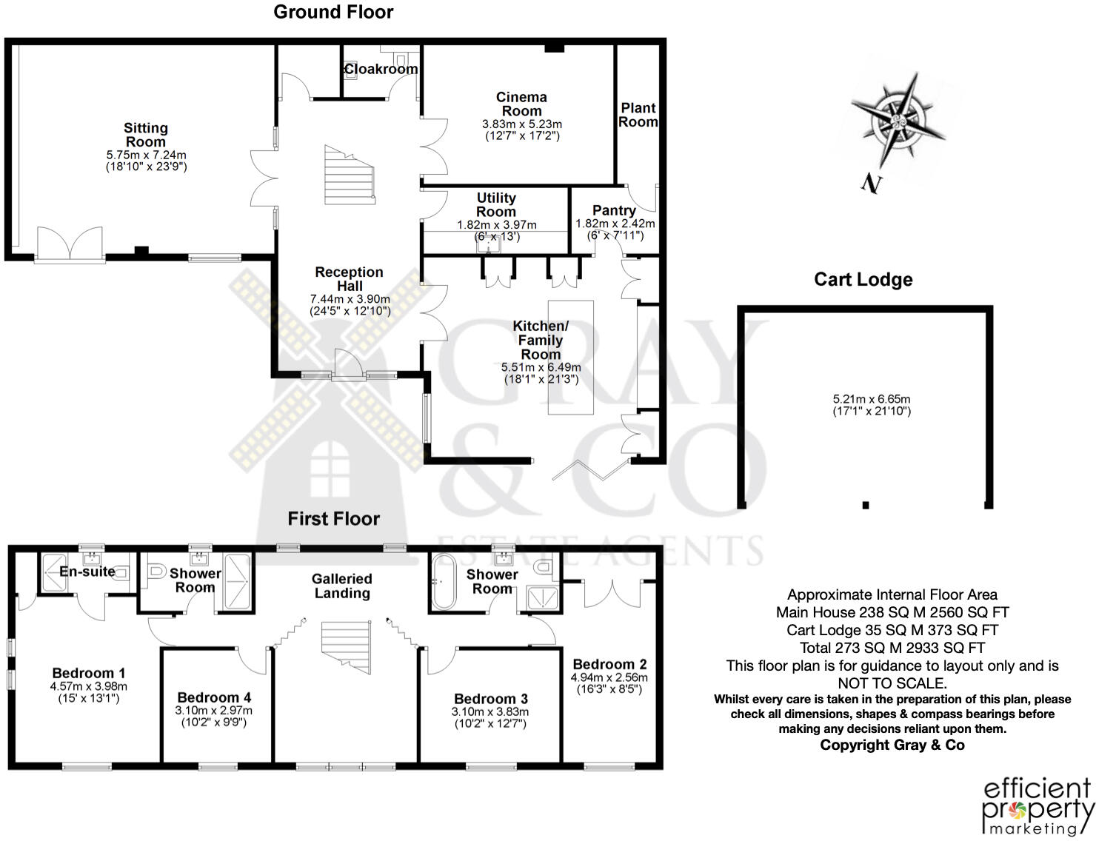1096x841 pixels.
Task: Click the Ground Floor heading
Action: [333, 12]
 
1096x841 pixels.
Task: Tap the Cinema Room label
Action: [521, 104]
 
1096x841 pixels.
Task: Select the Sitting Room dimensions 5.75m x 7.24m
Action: [146, 161]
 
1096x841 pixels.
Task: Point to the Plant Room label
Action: [638, 115]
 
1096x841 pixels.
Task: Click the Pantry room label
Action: [614, 210]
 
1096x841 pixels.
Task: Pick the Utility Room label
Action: [496, 204]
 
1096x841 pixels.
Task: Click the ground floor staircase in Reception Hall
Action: [350, 175]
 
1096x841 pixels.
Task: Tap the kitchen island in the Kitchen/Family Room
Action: [570, 357]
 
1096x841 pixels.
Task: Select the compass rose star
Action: [898, 120]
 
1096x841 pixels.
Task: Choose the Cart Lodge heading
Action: [863, 279]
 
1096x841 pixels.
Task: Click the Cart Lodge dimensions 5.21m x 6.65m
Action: [872, 404]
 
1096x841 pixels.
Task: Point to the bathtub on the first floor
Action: [444, 581]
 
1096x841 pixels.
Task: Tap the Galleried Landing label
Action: [341, 586]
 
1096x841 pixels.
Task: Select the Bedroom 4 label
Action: [214, 697]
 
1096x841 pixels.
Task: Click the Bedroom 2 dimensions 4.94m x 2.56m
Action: [609, 683]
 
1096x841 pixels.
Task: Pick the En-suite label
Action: [87, 572]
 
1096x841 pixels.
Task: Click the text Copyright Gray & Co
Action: [892, 745]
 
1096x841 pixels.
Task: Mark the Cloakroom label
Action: [381, 69]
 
